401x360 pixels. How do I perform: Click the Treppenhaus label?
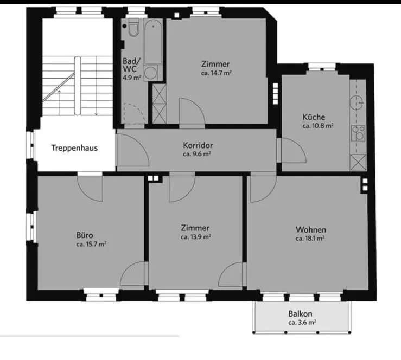[x=74, y=148]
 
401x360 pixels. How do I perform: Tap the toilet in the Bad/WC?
[x=133, y=28]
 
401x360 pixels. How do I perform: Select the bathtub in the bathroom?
[x=153, y=41]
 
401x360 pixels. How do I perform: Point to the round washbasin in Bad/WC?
[x=151, y=73]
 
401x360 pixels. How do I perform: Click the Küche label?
[x=314, y=117]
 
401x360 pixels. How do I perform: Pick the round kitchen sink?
[x=357, y=102]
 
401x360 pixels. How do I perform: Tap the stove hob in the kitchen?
[x=358, y=133]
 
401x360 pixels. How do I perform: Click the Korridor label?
[x=198, y=145]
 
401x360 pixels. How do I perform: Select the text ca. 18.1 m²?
[x=310, y=239]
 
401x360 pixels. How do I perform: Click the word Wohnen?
[x=311, y=230]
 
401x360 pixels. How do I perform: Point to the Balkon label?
[x=300, y=314]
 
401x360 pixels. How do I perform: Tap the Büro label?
[x=85, y=235]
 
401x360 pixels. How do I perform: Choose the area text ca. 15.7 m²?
[x=91, y=244]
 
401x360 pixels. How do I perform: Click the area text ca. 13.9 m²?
[x=196, y=237]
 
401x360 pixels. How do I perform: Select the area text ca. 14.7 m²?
[x=217, y=73]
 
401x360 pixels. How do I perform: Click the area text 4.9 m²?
[x=132, y=78]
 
